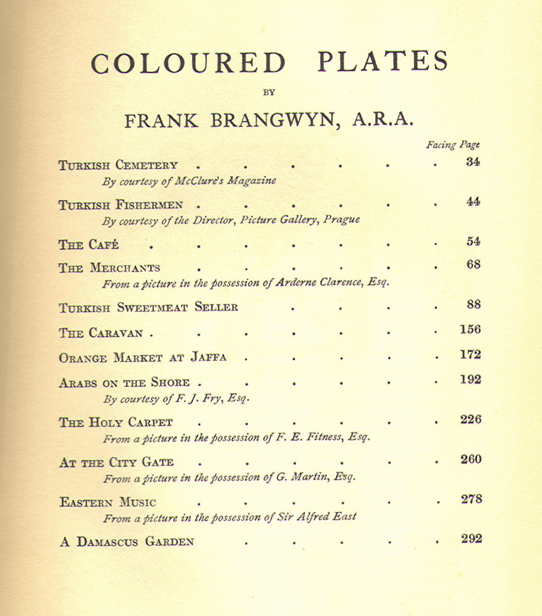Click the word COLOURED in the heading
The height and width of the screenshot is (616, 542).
[188, 64]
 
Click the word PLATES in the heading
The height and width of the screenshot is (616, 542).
[383, 62]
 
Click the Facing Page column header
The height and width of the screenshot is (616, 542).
[452, 145]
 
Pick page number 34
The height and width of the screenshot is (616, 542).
[473, 163]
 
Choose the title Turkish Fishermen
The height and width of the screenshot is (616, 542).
[121, 205]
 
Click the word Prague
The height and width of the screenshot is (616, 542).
[341, 220]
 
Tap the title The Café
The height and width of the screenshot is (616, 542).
[88, 245]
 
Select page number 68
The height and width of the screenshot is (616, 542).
[473, 265]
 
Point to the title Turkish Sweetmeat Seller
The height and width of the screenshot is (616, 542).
[148, 307]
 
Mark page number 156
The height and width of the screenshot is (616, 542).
[470, 329]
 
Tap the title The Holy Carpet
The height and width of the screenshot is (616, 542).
[116, 423]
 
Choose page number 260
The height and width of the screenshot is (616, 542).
[471, 460]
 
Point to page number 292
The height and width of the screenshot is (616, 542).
[471, 539]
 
